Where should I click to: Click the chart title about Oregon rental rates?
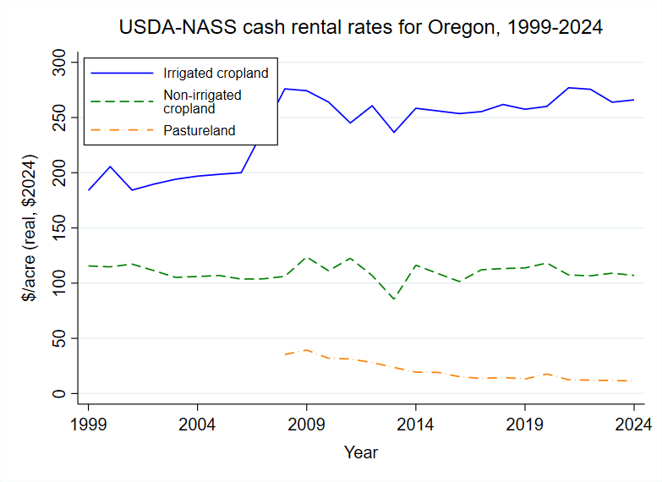pos(361,27)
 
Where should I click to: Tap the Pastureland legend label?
pos(199,130)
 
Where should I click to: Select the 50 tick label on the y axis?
pos(58,338)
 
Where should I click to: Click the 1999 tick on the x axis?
pos(88,424)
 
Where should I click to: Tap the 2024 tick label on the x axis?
pos(633,424)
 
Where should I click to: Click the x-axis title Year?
pos(361,452)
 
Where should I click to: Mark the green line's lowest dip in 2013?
pos(394,299)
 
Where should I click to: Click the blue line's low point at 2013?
pos(394,132)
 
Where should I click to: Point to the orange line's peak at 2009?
pos(306,349)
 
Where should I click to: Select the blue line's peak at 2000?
pos(110,167)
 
